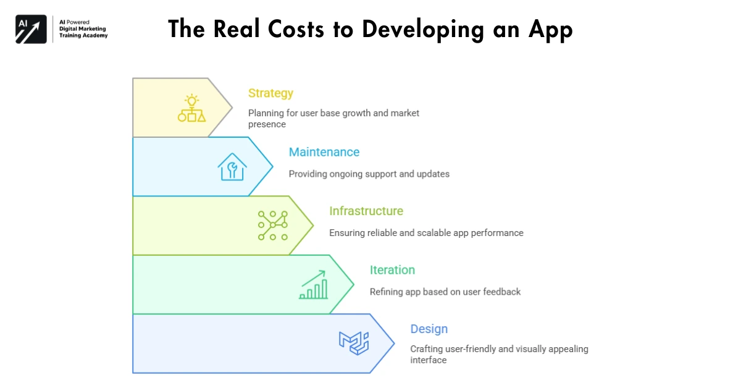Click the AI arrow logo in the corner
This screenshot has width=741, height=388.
[31, 29]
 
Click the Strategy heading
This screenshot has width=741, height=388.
[270, 93]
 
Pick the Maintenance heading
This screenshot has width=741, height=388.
[324, 152]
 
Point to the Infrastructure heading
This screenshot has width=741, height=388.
[366, 211]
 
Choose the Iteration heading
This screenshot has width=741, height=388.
[392, 270]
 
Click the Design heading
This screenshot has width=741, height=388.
[429, 329]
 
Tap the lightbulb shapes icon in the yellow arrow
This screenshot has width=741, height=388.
[191, 108]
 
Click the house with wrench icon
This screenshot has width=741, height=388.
[232, 167]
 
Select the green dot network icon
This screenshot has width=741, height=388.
[272, 226]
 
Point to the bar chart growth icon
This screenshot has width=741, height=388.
[314, 285]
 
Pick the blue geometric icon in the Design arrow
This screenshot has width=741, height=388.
[354, 344]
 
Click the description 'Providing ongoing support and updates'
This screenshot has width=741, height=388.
[369, 174]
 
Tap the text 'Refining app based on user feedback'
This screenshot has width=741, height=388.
[445, 292]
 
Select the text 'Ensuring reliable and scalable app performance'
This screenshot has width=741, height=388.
[426, 233]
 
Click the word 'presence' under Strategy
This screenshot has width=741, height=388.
[267, 124]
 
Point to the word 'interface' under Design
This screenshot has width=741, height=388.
[428, 360]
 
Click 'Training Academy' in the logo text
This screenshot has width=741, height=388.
[83, 36]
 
